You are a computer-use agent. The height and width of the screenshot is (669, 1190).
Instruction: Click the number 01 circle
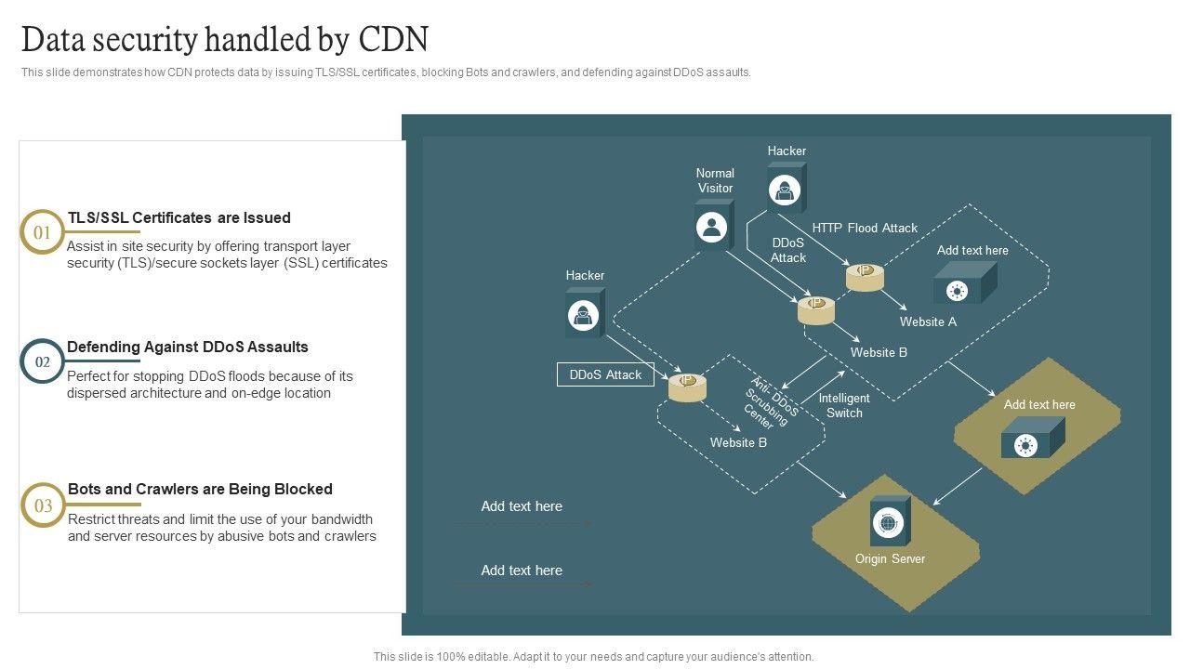click(42, 232)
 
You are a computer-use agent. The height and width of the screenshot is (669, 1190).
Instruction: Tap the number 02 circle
click(42, 361)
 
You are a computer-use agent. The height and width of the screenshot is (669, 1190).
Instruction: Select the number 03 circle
click(43, 505)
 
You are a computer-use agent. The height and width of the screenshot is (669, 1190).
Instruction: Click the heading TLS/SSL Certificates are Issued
click(179, 217)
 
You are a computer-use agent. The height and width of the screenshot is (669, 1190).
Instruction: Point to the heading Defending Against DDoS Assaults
click(188, 347)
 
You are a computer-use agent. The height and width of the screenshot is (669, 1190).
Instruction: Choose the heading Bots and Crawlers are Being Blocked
click(200, 489)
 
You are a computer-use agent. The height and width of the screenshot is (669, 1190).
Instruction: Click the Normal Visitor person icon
click(712, 228)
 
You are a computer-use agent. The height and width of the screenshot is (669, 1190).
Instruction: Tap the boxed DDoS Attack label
click(605, 374)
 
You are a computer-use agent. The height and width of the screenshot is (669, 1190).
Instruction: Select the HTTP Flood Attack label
click(865, 228)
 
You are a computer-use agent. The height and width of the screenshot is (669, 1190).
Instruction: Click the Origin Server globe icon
click(888, 523)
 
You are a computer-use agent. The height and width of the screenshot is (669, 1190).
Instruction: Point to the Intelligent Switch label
click(844, 405)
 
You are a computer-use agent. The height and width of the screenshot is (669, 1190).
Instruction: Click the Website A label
click(928, 321)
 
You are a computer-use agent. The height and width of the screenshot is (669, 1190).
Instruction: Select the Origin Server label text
click(890, 558)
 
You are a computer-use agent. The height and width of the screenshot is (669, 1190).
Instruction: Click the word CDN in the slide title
click(393, 39)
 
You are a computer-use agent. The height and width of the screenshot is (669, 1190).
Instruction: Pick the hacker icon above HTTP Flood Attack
click(784, 190)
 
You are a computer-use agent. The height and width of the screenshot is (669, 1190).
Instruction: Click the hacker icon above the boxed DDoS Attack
click(583, 315)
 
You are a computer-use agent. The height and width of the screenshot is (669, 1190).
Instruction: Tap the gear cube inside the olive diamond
click(1032, 438)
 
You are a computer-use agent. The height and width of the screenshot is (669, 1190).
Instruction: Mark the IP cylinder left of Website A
click(865, 277)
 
